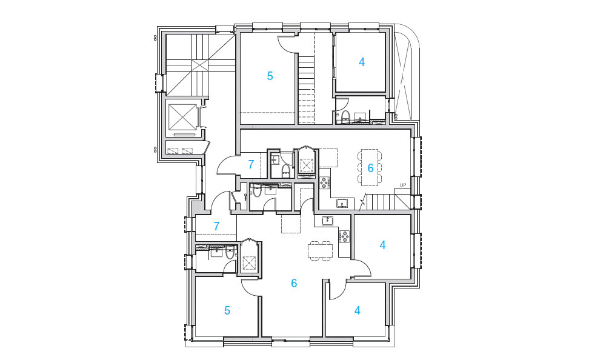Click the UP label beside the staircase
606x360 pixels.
(403, 185)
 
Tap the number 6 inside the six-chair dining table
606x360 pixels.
(370, 168)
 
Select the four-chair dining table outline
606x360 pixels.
(320, 250)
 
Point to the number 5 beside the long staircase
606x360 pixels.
(270, 76)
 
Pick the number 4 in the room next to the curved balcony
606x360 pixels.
(361, 62)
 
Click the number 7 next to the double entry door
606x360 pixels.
(251, 164)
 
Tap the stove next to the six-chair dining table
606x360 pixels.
(324, 182)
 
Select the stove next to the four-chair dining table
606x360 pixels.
(344, 236)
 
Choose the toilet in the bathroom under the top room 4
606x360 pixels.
(345, 117)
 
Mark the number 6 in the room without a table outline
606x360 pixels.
(294, 284)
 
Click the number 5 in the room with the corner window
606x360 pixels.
(227, 310)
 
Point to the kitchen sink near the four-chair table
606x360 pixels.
(327, 221)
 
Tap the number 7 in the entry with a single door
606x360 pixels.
(216, 226)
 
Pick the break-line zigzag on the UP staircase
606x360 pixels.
(362, 203)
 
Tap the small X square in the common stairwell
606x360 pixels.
(200, 65)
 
